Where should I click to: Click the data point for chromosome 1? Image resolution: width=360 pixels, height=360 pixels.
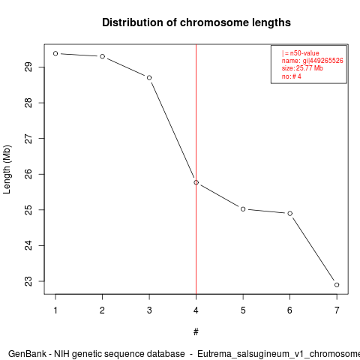(55, 53)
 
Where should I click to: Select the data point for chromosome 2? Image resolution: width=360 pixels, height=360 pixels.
(103, 56)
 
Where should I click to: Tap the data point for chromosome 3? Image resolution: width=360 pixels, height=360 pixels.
(149, 78)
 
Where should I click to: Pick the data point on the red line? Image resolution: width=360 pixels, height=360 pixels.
(196, 182)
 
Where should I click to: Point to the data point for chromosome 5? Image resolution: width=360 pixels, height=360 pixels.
(243, 209)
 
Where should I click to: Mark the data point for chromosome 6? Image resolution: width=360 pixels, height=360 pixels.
(290, 213)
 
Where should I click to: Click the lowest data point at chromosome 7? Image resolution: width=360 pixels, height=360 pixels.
(337, 285)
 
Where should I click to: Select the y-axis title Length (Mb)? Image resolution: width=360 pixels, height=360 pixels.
(7, 169)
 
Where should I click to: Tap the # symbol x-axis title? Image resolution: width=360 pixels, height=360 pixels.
(196, 331)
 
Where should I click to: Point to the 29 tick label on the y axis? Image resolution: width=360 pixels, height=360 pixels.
(28, 67)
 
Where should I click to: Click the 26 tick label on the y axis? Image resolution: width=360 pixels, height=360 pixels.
(28, 174)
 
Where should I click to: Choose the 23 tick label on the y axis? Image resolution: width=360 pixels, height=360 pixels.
(28, 281)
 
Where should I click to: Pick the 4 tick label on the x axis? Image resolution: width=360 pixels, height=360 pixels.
(196, 310)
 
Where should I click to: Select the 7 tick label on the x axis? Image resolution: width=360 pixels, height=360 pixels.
(337, 310)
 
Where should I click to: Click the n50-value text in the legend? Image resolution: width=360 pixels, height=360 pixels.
(304, 53)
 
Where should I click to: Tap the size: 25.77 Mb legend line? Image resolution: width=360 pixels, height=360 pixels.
(302, 68)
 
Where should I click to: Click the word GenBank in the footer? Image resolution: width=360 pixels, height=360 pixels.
(27, 354)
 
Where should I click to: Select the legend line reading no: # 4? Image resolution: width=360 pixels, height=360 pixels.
(292, 76)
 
